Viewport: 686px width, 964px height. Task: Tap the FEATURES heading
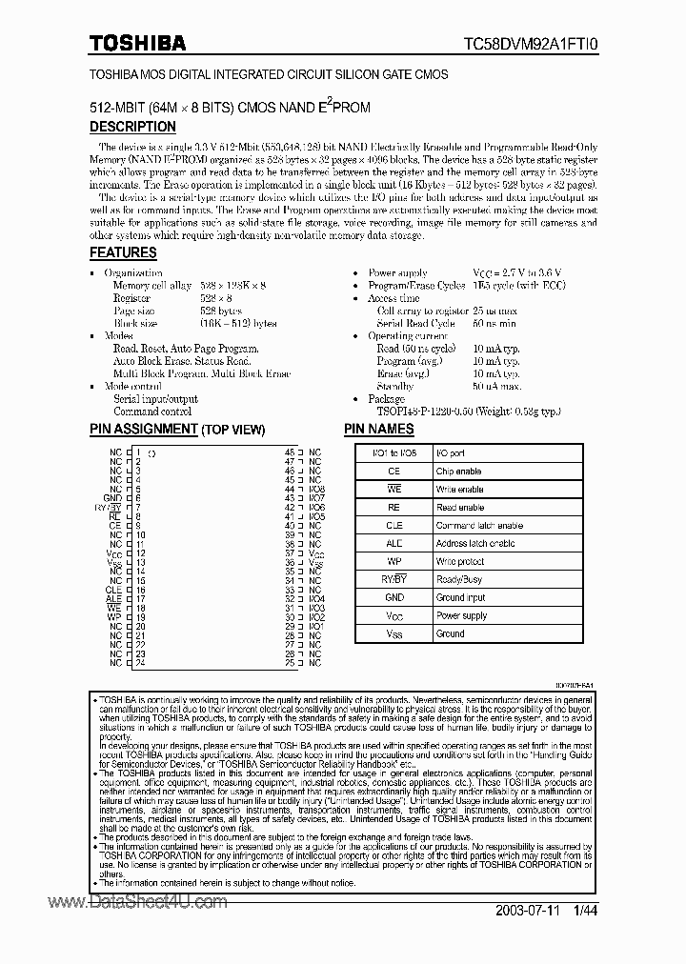(x=123, y=252)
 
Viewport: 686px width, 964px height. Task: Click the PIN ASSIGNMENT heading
(x=176, y=430)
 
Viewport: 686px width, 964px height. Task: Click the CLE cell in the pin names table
(x=393, y=526)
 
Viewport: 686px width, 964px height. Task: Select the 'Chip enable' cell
(x=458, y=472)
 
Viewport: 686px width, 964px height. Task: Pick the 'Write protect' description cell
(x=460, y=561)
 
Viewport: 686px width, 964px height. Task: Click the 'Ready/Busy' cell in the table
(x=459, y=579)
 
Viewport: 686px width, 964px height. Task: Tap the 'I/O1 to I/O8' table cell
(x=393, y=453)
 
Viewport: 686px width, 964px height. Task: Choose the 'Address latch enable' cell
(x=475, y=544)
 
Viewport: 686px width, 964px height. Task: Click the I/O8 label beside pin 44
(x=317, y=489)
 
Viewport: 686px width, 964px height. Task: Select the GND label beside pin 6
(x=112, y=498)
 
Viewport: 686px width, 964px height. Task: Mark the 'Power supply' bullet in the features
(x=397, y=273)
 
